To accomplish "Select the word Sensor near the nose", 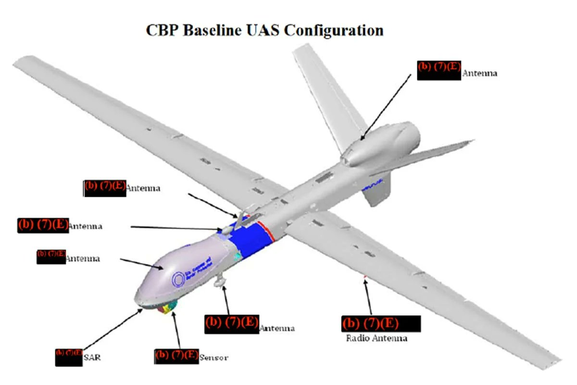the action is coord(213,358).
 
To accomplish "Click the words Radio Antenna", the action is coord(376,338).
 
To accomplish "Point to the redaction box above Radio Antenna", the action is coord(381,323).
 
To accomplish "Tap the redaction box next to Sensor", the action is coord(177,356).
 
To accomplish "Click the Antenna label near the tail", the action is coord(479,74).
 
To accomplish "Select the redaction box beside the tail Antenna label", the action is coord(439,70).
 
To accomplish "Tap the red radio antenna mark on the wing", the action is coord(365,277).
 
